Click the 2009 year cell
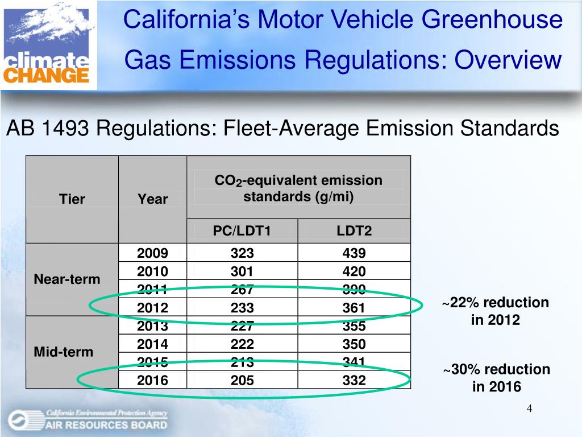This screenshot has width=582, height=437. [x=152, y=253]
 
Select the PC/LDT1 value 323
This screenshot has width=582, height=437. [x=242, y=253]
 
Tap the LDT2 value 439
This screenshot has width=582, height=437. [x=354, y=253]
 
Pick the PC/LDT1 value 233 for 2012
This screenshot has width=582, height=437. [x=242, y=308]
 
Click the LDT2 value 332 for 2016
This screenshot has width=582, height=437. [x=354, y=380]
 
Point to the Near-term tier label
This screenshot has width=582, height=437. [x=67, y=279]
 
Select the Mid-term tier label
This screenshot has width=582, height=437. [x=64, y=352]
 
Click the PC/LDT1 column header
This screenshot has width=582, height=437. [x=242, y=231]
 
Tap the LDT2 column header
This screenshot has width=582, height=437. [x=354, y=231]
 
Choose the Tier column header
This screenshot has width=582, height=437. [x=72, y=199]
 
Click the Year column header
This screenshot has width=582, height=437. [x=152, y=199]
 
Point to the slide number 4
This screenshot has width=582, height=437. [x=529, y=409]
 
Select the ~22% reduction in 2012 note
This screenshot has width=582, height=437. [x=496, y=311]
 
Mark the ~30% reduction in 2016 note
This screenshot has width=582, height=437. [x=497, y=378]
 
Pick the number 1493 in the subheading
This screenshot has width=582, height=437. [x=64, y=129]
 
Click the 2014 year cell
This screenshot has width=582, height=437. [x=152, y=344]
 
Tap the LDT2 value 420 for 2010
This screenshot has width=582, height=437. [x=354, y=271]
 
